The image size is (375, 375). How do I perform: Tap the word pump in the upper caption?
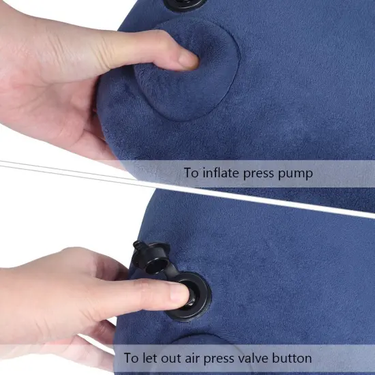[x=294, y=174]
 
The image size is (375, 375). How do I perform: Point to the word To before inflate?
[x=192, y=173]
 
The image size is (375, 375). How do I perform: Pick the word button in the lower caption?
[x=290, y=357]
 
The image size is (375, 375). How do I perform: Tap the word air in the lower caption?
[x=187, y=357]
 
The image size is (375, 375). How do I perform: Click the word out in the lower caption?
[x=167, y=357]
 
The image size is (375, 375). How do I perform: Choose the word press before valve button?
[x=214, y=357]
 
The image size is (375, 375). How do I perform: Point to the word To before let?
[x=131, y=357]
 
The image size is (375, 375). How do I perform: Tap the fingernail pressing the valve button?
[x=178, y=294]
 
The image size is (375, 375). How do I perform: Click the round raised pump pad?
[x=187, y=75]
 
